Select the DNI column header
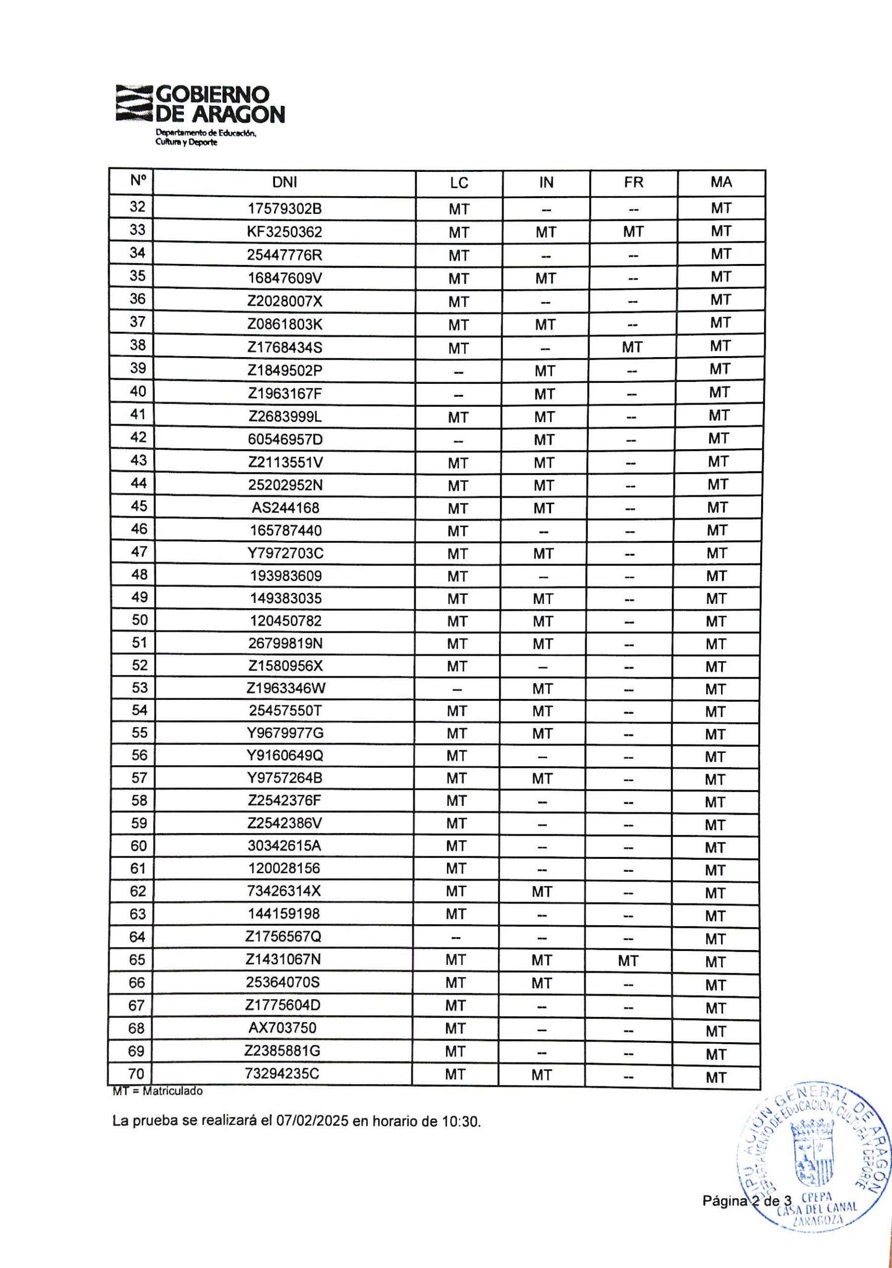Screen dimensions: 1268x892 [x=284, y=182]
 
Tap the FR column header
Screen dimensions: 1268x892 [x=633, y=182]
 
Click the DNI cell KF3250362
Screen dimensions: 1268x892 [x=284, y=232]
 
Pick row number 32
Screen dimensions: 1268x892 [x=137, y=207]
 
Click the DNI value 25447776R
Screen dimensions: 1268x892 [x=284, y=255]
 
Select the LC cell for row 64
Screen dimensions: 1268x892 [x=456, y=937]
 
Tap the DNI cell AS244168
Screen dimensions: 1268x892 [x=284, y=508]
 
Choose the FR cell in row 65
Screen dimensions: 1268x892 [x=628, y=961]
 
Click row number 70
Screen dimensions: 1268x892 [x=136, y=1074]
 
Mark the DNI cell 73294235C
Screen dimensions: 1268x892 [x=283, y=1074]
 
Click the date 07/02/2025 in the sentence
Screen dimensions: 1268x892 [x=313, y=1122]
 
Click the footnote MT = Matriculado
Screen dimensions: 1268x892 [x=158, y=1091]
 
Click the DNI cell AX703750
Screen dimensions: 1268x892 [x=283, y=1028]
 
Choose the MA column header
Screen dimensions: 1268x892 [x=721, y=182]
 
